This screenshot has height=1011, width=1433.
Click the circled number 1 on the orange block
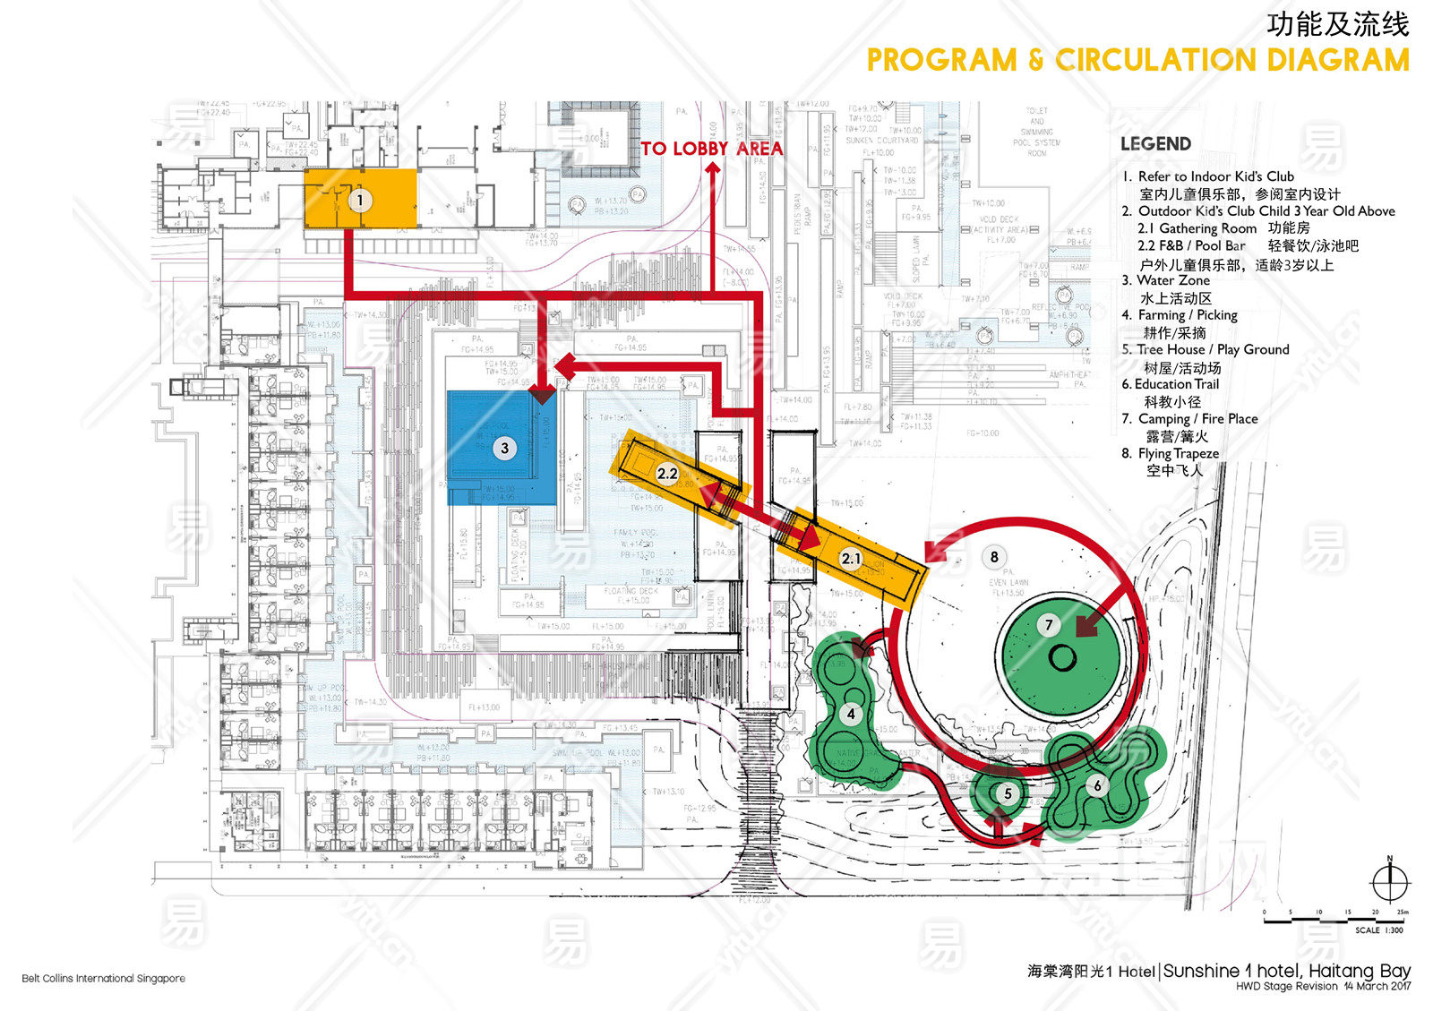tap(360, 200)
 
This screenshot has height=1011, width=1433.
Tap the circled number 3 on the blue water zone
tap(504, 449)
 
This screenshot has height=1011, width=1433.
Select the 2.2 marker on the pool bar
tap(667, 474)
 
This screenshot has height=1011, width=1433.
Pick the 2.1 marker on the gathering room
tap(851, 559)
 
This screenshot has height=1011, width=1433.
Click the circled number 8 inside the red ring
tap(994, 557)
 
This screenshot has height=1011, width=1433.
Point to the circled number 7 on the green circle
tap(1049, 625)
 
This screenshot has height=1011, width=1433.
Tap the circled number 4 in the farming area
tap(851, 714)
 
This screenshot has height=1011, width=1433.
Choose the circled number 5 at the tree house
tap(1008, 793)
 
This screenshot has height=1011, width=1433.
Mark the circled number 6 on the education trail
tap(1097, 786)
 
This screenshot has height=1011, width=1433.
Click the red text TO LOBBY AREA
tap(711, 149)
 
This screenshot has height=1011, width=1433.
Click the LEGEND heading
tap(1155, 144)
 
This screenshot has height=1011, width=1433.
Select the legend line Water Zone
tap(1172, 280)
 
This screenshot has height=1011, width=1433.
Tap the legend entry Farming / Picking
tap(1187, 315)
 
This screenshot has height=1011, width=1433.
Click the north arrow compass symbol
tap(1390, 883)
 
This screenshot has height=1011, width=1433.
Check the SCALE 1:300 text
tap(1379, 930)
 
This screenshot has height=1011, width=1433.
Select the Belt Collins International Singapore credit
tap(104, 979)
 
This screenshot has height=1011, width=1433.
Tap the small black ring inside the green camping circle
tap(1062, 658)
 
